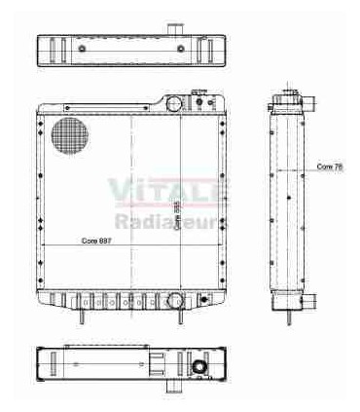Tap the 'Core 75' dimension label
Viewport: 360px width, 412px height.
(330, 167)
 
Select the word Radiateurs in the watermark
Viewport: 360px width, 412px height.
(171, 222)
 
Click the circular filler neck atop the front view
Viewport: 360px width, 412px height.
(174, 103)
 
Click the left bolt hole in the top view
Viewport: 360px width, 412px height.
(84, 49)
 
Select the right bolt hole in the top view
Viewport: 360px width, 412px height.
(182, 49)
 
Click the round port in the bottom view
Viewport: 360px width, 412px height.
(200, 368)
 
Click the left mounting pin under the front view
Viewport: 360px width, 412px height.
(82, 314)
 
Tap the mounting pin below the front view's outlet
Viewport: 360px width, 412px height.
(176, 318)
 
